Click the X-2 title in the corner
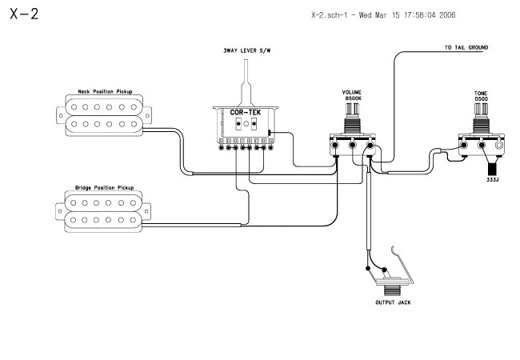click(24, 14)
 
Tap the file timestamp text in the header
click(383, 15)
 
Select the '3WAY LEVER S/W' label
click(246, 50)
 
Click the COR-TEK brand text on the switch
click(246, 112)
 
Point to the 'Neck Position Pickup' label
click(105, 91)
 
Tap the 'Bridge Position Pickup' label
click(105, 188)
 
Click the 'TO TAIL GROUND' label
click(466, 48)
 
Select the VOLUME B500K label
click(352, 95)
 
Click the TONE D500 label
click(481, 96)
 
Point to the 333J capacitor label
click(493, 180)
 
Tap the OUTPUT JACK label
click(393, 302)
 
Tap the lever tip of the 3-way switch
click(246, 62)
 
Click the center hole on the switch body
click(246, 124)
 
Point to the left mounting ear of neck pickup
click(61, 115)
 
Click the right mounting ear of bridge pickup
click(146, 211)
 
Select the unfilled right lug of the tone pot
click(498, 145)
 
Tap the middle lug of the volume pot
click(353, 145)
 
